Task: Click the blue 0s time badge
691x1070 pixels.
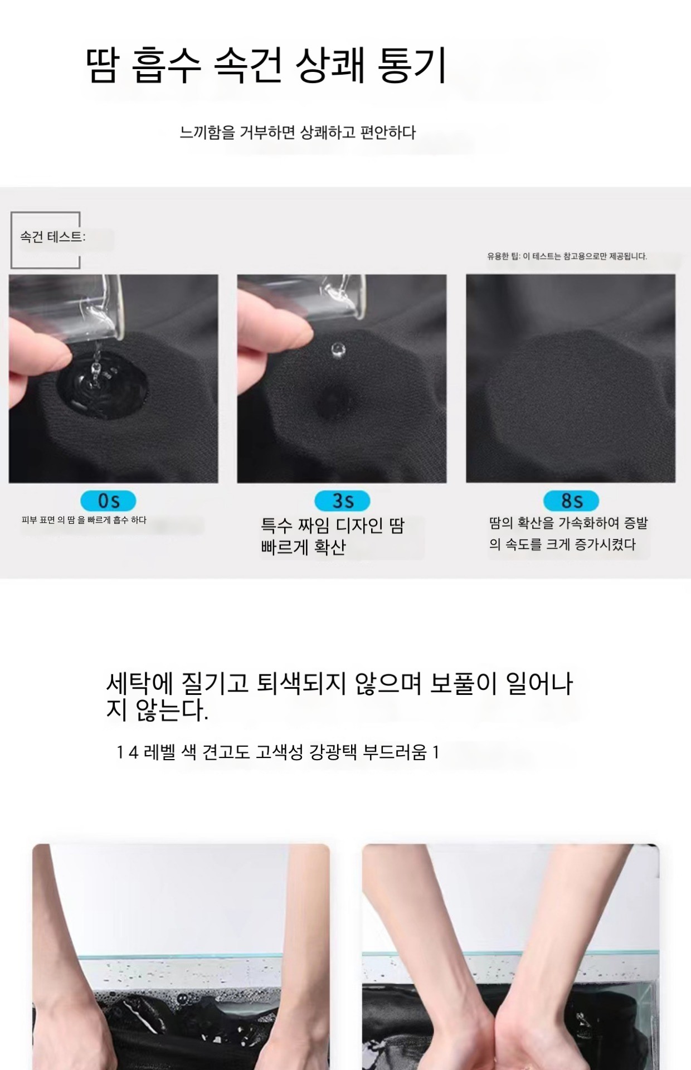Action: (x=108, y=500)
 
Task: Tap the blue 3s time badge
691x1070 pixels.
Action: (x=342, y=500)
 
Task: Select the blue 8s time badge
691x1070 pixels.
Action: (x=571, y=500)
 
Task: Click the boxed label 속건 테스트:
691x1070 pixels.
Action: (x=52, y=237)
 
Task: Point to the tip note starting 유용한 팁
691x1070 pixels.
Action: (x=567, y=256)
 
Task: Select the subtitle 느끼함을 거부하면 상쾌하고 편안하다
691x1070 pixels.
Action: (x=298, y=133)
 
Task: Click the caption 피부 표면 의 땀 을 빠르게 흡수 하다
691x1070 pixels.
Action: (x=84, y=520)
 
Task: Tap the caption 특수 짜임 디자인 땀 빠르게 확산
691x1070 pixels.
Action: (x=333, y=536)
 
